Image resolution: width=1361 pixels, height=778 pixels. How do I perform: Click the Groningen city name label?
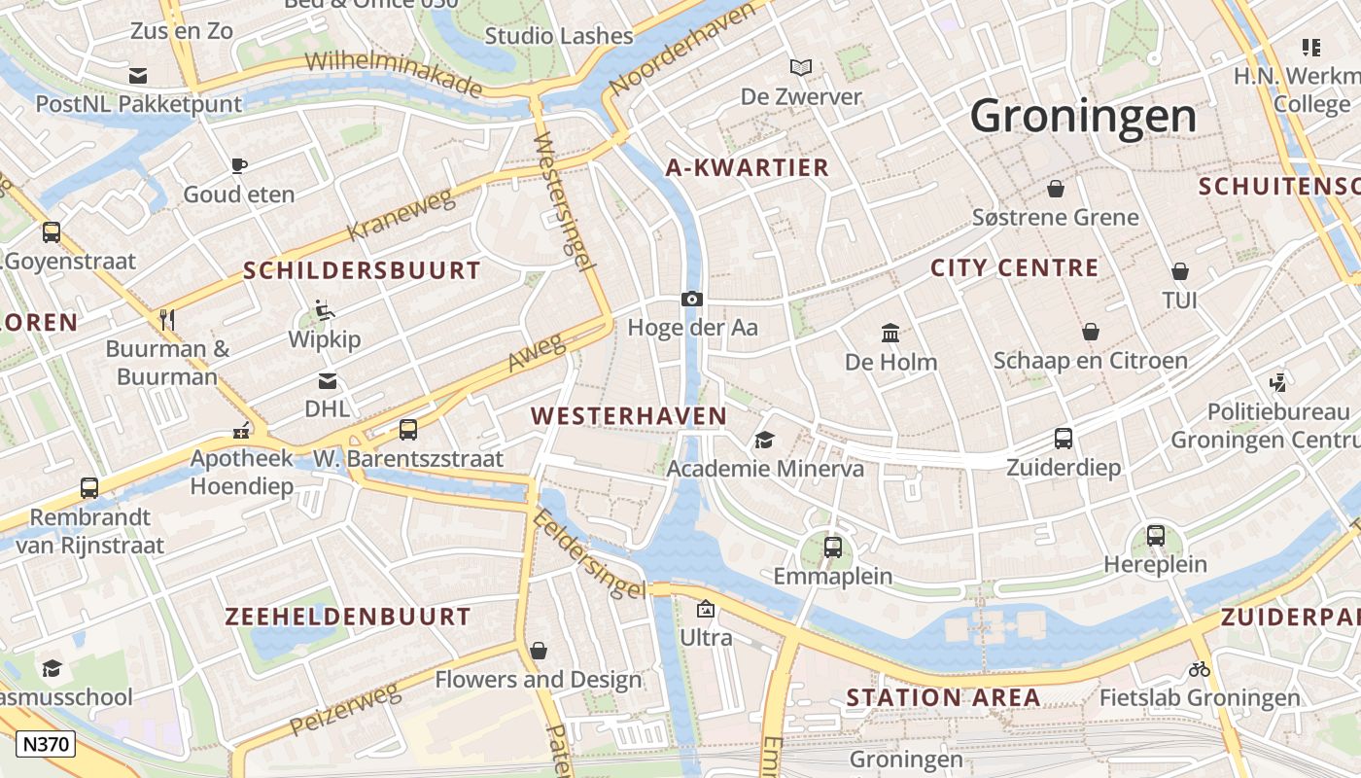point(1083,117)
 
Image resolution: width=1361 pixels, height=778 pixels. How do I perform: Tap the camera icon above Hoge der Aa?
point(692,299)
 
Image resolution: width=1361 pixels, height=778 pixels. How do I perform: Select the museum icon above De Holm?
point(890,334)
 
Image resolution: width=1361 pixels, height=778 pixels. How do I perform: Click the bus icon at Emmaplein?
point(833,547)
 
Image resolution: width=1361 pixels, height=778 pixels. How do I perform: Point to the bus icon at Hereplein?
point(1156,535)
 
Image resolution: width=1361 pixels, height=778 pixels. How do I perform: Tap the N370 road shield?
point(46,745)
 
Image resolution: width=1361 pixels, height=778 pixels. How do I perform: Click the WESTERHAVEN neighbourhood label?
point(629,416)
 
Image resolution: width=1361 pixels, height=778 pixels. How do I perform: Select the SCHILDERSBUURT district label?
point(362,270)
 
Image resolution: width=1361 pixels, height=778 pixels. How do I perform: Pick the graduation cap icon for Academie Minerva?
point(765,441)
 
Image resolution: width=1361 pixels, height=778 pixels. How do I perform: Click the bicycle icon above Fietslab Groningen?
point(1200,669)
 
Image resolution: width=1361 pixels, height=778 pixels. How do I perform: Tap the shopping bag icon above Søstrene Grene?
point(1056,189)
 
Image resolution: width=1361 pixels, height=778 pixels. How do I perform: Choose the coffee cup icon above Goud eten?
point(239,165)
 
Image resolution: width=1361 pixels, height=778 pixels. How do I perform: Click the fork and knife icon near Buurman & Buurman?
point(167,319)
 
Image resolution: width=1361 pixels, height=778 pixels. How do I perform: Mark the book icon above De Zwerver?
point(801,67)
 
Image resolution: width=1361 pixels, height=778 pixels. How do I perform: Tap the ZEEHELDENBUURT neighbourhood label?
point(348,617)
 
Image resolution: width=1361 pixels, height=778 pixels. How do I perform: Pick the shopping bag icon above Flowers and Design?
point(539,650)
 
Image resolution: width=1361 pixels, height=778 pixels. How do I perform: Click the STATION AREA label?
point(943,697)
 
